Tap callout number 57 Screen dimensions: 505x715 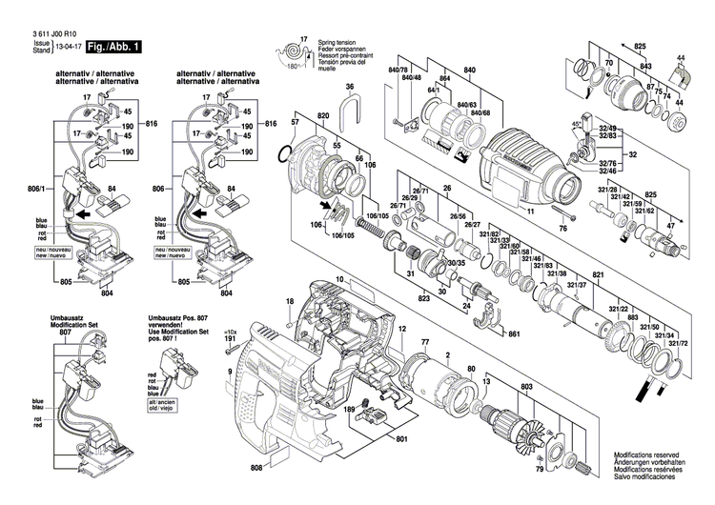coord(296,125)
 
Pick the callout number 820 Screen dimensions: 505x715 coord(323,115)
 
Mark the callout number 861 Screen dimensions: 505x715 coord(514,335)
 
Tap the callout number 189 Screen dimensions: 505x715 coord(349,410)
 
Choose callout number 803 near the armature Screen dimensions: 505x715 coord(525,387)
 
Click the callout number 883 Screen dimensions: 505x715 coord(632,316)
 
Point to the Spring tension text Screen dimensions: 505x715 coord(334,39)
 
